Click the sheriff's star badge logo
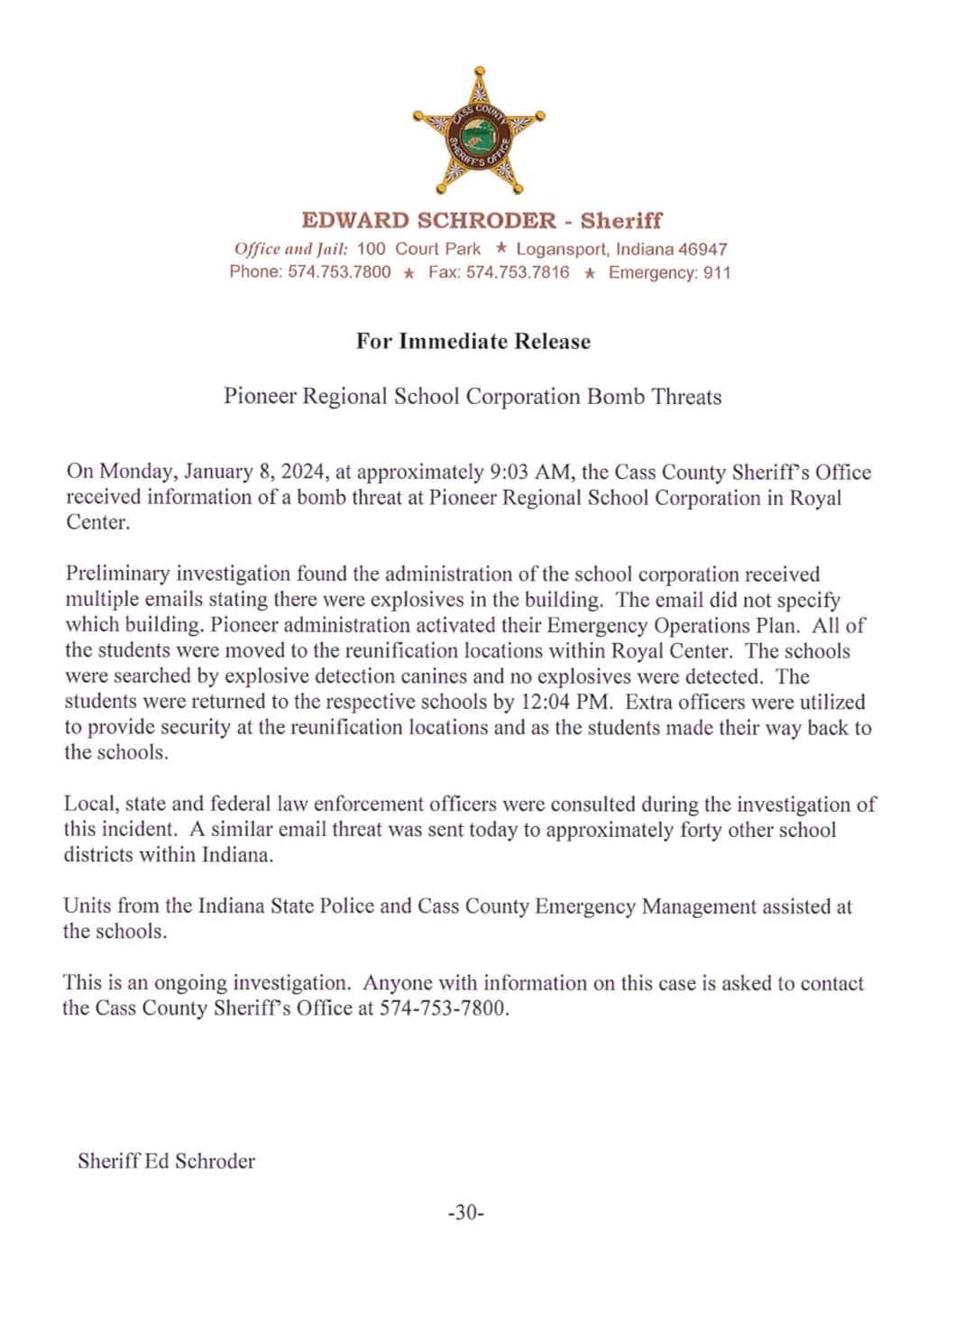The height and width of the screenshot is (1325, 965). [x=479, y=132]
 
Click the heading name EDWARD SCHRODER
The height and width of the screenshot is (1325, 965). [x=428, y=221]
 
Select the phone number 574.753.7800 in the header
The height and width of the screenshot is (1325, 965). [x=339, y=272]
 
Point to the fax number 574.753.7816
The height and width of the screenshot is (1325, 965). [x=518, y=272]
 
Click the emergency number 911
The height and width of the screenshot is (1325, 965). [x=717, y=272]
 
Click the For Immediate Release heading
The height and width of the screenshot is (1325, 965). [x=473, y=342]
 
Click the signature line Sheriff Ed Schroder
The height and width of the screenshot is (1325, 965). [x=166, y=1161]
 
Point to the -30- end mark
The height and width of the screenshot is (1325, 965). [x=466, y=1213]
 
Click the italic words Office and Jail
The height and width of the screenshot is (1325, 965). [x=290, y=249]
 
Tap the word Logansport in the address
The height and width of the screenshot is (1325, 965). [x=561, y=249]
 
